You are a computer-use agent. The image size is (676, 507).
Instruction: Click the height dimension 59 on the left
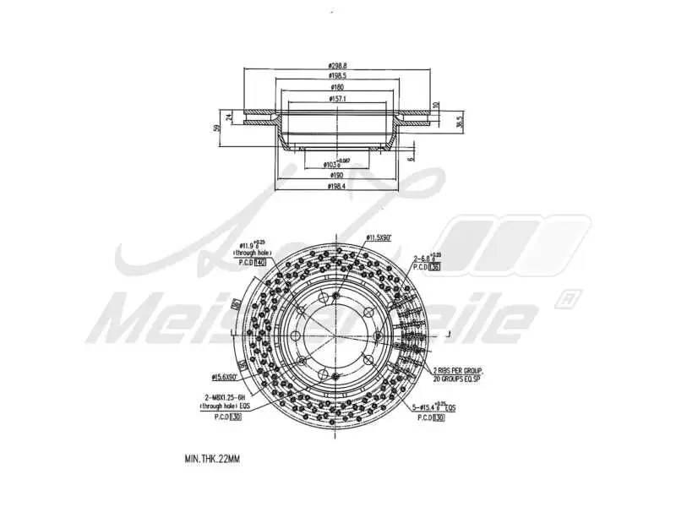coord(217,128)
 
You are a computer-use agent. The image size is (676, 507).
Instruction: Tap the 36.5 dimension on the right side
coord(459,120)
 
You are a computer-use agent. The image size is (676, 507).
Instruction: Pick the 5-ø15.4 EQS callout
coord(434,406)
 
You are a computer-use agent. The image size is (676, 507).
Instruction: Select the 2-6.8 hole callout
coord(427,257)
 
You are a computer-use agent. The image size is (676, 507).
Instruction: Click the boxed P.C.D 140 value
coord(260,264)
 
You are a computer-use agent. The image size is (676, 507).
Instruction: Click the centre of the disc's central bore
coord(335,336)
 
